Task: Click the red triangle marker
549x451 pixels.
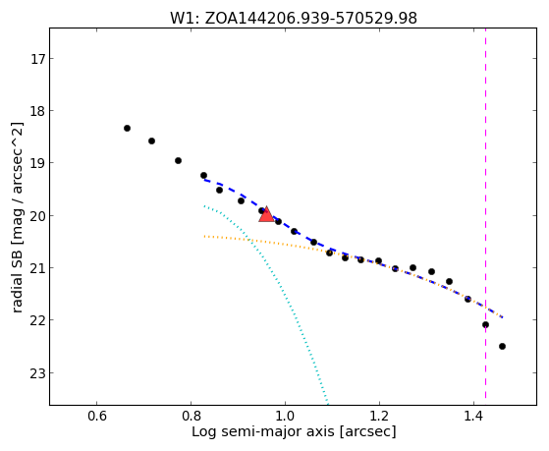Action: point(266,214)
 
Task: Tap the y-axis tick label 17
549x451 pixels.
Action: point(37,59)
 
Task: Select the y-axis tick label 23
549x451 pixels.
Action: point(37,373)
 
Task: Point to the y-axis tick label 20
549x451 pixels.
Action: point(37,216)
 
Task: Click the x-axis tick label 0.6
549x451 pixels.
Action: point(97,417)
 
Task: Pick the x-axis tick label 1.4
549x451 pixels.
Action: point(473,417)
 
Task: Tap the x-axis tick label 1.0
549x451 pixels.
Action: point(286,417)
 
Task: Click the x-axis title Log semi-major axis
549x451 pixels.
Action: point(262,432)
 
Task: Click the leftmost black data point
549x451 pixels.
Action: point(127,129)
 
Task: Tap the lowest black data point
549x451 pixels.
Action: point(502,346)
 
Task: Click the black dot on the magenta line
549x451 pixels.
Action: point(485,325)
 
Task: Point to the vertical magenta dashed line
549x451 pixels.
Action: point(485,213)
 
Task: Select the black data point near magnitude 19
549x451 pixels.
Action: point(178,160)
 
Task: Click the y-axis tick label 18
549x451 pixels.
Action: point(37,111)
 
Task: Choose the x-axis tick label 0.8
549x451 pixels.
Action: point(192,417)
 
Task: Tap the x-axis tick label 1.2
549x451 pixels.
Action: point(379,417)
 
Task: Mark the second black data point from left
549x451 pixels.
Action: point(151,141)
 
